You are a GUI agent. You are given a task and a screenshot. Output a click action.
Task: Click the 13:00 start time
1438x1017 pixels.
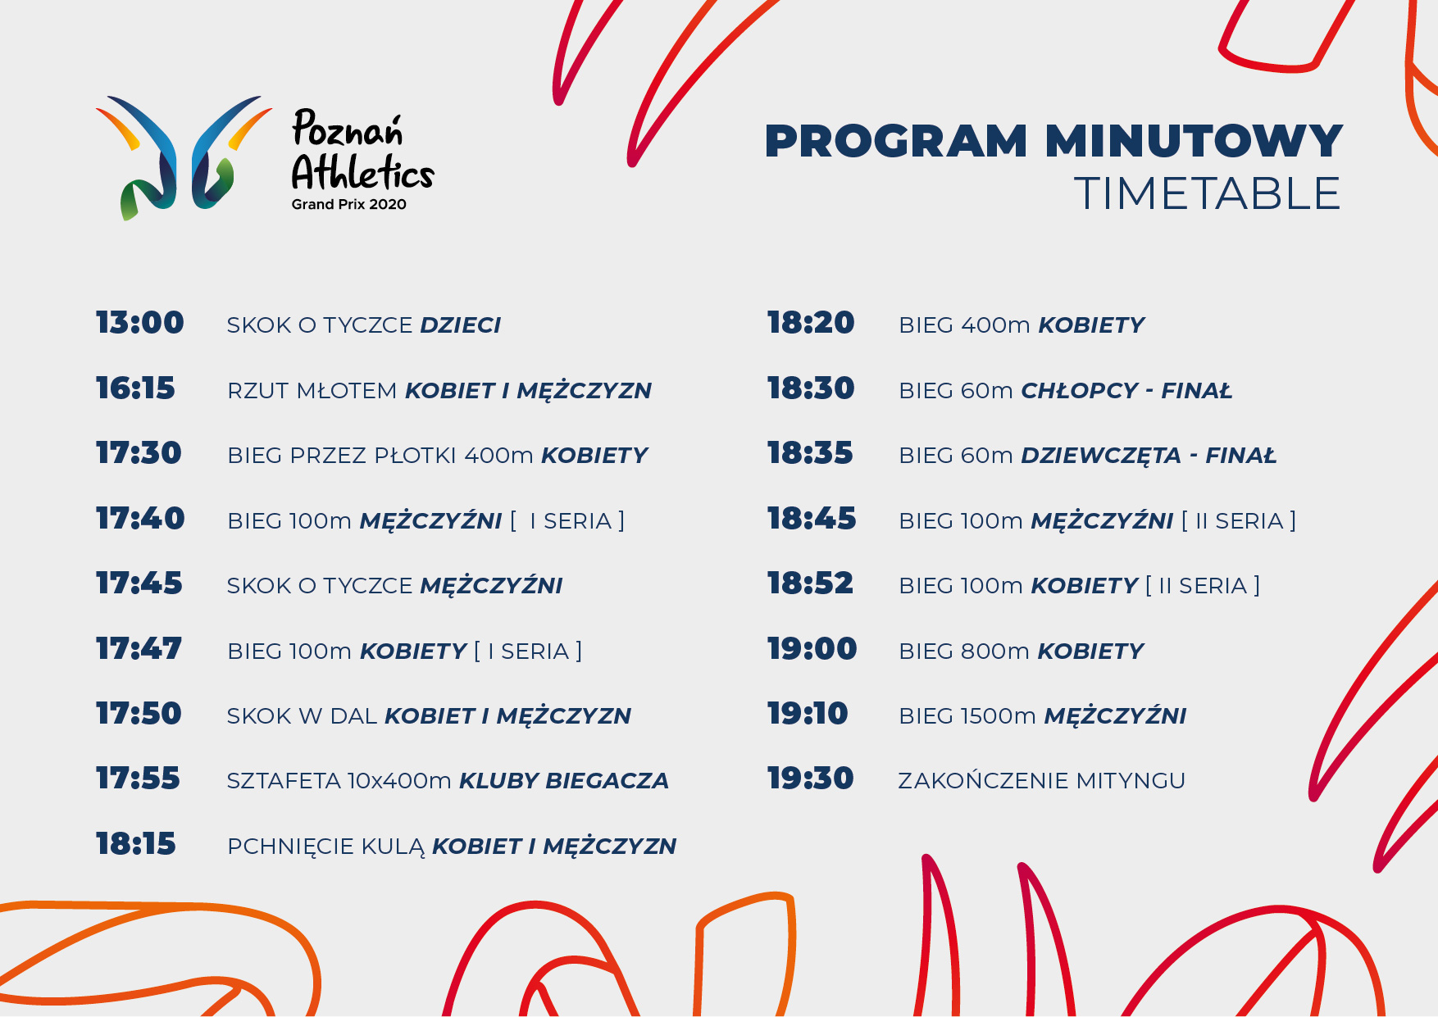pyautogui.click(x=140, y=323)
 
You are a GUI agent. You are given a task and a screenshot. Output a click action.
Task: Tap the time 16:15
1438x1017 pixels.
pyautogui.click(x=135, y=388)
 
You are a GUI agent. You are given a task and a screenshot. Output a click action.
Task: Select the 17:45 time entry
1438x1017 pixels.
pyautogui.click(x=139, y=583)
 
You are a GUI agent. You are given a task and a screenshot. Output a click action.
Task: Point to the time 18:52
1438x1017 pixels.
pyautogui.click(x=810, y=583)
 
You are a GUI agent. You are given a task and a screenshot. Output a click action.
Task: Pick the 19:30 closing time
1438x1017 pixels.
pyautogui.click(x=810, y=779)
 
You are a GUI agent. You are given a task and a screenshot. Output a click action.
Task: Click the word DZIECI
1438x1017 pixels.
pyautogui.click(x=460, y=325)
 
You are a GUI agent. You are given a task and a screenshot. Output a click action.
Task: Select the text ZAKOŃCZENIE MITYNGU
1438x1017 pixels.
pyautogui.click(x=1042, y=780)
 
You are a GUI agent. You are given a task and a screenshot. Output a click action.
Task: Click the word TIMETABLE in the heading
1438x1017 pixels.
pyautogui.click(x=1207, y=193)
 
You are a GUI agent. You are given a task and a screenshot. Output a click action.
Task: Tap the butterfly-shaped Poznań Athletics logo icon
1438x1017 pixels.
pyautogui.click(x=183, y=157)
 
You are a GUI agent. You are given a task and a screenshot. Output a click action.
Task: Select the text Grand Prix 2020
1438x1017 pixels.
pyautogui.click(x=349, y=204)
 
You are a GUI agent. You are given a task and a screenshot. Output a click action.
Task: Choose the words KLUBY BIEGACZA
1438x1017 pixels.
pyautogui.click(x=564, y=781)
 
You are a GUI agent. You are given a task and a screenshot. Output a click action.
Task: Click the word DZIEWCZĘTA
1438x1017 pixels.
pyautogui.click(x=1101, y=456)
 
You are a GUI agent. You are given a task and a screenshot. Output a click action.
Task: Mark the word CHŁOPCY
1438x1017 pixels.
pyautogui.click(x=1080, y=391)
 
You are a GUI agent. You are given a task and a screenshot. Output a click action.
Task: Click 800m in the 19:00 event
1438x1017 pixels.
pyautogui.click(x=995, y=652)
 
